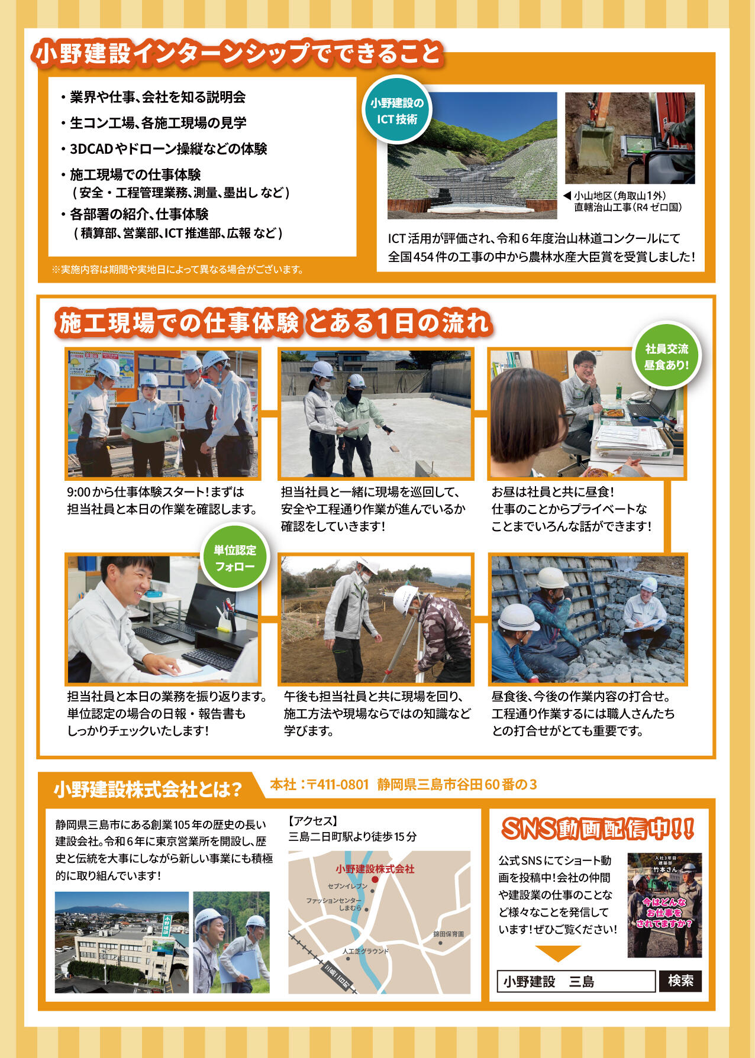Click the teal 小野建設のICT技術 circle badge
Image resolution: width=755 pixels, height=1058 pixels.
397,109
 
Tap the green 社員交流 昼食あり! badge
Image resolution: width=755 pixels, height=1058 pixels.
667,356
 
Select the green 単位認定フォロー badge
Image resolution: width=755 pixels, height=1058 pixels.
235,557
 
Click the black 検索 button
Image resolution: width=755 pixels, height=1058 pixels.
680,981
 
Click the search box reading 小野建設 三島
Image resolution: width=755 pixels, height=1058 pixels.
576,981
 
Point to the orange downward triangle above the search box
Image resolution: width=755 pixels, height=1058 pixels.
557,953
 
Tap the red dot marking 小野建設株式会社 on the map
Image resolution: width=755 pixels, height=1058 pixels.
375,879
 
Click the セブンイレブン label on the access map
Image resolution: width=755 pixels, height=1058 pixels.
347,886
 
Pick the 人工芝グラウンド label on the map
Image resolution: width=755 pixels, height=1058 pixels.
366,951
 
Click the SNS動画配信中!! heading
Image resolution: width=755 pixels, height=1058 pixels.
598,829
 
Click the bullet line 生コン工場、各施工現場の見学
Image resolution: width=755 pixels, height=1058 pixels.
157,123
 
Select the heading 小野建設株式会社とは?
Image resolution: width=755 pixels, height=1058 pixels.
148,789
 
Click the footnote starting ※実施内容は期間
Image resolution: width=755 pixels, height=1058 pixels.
178,270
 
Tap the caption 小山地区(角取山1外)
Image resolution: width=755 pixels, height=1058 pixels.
620,196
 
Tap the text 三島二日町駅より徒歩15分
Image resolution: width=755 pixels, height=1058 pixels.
353,837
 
